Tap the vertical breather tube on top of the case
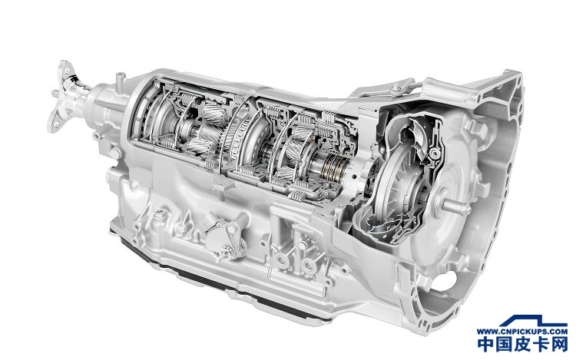click(120, 83)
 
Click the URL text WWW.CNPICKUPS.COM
click(522, 331)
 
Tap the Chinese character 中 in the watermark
click(487, 344)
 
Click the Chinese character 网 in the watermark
click(558, 344)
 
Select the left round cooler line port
click(283, 260)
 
